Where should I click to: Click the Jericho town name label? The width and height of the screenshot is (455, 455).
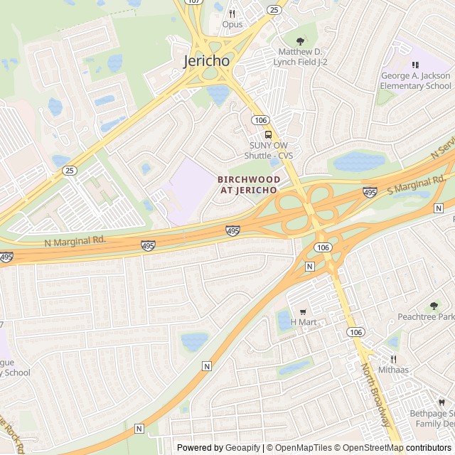(207, 60)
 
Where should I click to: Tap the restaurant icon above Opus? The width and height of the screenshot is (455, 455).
(232, 13)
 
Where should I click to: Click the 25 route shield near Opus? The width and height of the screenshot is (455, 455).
(274, 9)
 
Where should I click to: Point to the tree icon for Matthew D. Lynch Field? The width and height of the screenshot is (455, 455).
(300, 41)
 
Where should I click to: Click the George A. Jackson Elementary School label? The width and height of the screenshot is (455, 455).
(416, 81)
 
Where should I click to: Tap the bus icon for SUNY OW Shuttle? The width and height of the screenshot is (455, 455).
(268, 134)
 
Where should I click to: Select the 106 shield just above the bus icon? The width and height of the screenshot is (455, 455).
(261, 120)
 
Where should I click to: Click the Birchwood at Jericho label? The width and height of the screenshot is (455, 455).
(249, 185)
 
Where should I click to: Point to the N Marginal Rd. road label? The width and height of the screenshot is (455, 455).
(75, 240)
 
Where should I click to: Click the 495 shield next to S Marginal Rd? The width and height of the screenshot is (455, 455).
(370, 192)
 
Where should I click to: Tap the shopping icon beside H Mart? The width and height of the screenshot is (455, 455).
(303, 311)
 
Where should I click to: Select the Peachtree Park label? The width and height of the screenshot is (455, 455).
(425, 316)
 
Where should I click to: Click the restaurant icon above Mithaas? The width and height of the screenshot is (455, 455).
(393, 359)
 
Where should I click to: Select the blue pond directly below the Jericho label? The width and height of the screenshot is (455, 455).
(218, 93)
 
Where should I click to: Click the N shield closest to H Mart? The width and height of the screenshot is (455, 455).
(309, 266)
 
